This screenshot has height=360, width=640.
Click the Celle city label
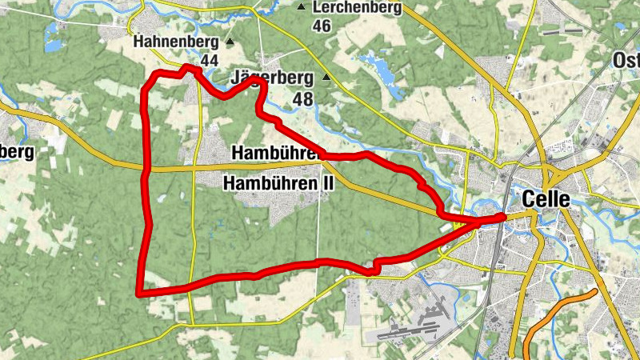point(546,199)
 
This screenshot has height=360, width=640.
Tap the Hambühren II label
point(279,183)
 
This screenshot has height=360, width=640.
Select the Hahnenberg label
point(176,41)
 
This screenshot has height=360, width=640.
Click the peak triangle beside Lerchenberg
point(302,8)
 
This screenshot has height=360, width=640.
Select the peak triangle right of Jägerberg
point(326,78)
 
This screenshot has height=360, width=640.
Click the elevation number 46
point(322,26)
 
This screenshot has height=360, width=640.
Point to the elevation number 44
point(210,61)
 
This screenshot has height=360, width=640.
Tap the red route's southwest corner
point(140,293)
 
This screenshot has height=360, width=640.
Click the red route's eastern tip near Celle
point(502,216)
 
